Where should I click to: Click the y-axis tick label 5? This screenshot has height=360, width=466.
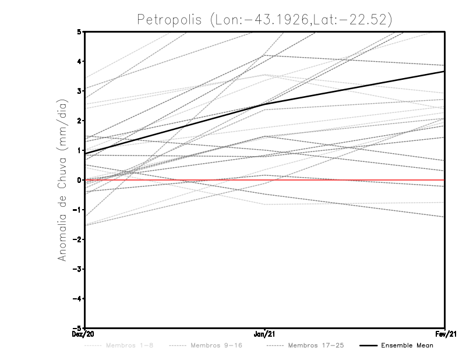click(80, 31)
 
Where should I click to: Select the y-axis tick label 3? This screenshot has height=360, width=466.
click(80, 91)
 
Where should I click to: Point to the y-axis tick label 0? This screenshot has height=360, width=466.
click(80, 180)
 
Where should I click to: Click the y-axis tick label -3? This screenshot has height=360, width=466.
click(78, 269)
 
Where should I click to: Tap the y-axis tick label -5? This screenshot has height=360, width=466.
click(78, 329)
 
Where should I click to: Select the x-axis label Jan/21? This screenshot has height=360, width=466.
click(265, 335)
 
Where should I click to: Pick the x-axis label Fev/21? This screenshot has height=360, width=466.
click(445, 335)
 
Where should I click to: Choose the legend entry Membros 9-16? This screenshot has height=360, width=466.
click(216, 345)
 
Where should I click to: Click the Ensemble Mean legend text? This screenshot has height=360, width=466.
click(407, 345)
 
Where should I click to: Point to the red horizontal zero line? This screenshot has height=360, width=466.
click(349, 180)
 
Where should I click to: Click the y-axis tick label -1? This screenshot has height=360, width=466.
click(78, 210)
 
